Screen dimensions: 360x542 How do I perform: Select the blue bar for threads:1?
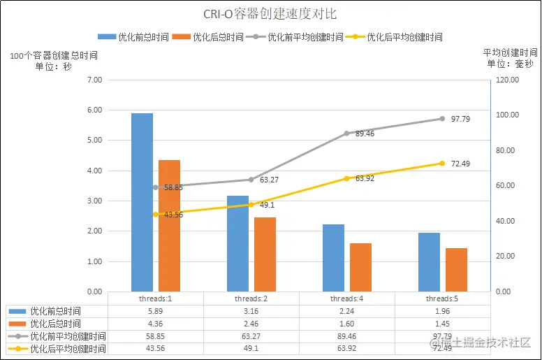coord(142,202)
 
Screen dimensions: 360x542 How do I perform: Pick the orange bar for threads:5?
coord(456,269)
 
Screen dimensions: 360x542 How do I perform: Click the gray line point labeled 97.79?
coord(442,119)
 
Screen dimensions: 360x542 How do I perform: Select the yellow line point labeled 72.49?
coord(442,164)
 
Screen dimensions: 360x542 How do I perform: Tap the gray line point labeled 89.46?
coord(346,133)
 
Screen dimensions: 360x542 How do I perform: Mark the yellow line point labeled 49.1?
coord(251,205)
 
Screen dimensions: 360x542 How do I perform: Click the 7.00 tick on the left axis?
coord(94,80)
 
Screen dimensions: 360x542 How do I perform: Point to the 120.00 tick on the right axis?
coord(504,80)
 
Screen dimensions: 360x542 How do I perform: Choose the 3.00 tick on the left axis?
coord(94,201)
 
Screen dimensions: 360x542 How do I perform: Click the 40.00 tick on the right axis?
coord(504,221)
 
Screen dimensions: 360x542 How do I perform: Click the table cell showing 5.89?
coord(156,311)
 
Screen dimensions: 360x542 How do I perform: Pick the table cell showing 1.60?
coord(347,324)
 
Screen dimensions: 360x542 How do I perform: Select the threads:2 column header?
coord(251,298)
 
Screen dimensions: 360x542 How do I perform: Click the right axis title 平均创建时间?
coord(510,52)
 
